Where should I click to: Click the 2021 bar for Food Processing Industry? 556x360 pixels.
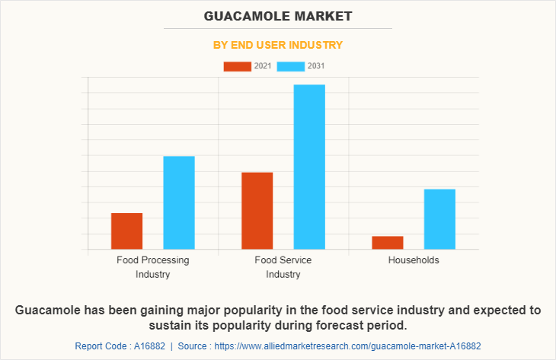[126, 231]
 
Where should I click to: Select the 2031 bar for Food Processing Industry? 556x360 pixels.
[179, 202]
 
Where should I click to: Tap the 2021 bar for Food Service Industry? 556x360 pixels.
[257, 211]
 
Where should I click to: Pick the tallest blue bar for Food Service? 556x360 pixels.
[309, 167]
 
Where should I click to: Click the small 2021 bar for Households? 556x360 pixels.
[388, 242]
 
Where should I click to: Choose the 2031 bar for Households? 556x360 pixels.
[439, 218]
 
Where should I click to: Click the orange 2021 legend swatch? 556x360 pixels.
[237, 66]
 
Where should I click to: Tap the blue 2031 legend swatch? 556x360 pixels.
[291, 66]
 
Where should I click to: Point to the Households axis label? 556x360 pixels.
[414, 260]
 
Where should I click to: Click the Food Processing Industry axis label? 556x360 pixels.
[153, 267]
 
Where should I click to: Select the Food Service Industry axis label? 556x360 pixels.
[283, 267]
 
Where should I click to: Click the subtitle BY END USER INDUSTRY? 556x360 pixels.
[277, 45]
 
